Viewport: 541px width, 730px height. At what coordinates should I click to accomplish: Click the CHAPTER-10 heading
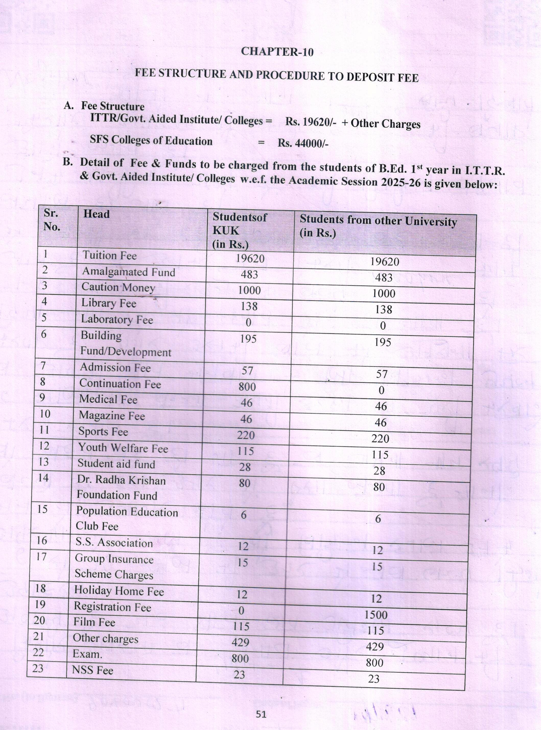(277, 52)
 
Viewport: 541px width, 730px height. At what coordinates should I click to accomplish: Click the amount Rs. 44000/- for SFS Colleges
(303, 143)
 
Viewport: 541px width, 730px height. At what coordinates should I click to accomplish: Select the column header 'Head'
(96, 214)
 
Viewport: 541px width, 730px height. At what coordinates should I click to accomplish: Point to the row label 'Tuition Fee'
(109, 256)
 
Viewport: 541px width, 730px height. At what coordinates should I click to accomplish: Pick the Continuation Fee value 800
(247, 387)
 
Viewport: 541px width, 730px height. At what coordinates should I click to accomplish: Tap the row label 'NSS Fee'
(92, 670)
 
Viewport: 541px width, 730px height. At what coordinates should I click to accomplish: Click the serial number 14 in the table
(43, 478)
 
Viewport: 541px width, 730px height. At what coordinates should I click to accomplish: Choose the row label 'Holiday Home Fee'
(119, 591)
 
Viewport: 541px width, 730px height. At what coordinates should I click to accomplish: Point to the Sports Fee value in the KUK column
(246, 435)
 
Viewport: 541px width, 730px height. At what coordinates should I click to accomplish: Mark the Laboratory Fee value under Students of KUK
(248, 323)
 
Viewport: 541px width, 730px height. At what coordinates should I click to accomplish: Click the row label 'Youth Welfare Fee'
(123, 448)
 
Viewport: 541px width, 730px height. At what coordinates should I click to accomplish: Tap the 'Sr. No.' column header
(52, 220)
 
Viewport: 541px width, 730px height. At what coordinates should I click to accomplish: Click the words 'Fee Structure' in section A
(113, 106)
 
